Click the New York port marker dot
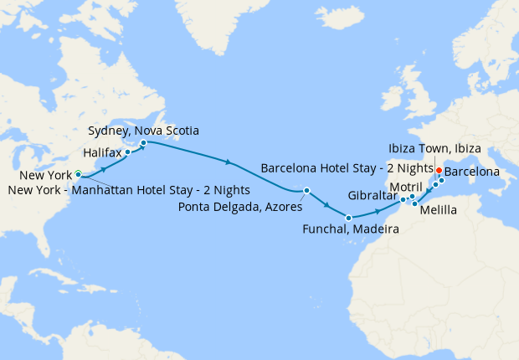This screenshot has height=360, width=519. pos(78,174)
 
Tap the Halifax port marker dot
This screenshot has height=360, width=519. pos(127,152)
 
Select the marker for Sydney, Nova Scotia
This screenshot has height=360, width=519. pos(143,142)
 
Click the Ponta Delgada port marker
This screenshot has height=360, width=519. pos(306,190)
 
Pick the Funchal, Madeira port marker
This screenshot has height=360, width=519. pos(347,219)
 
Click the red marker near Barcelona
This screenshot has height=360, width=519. pos(439,169)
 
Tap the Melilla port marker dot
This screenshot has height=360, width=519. pos(414,203)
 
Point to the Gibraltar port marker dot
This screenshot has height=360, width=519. pos(403,200)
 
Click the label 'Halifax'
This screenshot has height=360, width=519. pos(104,152)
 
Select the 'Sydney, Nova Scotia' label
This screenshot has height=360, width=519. pos(143,130)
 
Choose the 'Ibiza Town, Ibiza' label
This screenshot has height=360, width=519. pos(434,148)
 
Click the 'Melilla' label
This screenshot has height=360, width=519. pos(439,210)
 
